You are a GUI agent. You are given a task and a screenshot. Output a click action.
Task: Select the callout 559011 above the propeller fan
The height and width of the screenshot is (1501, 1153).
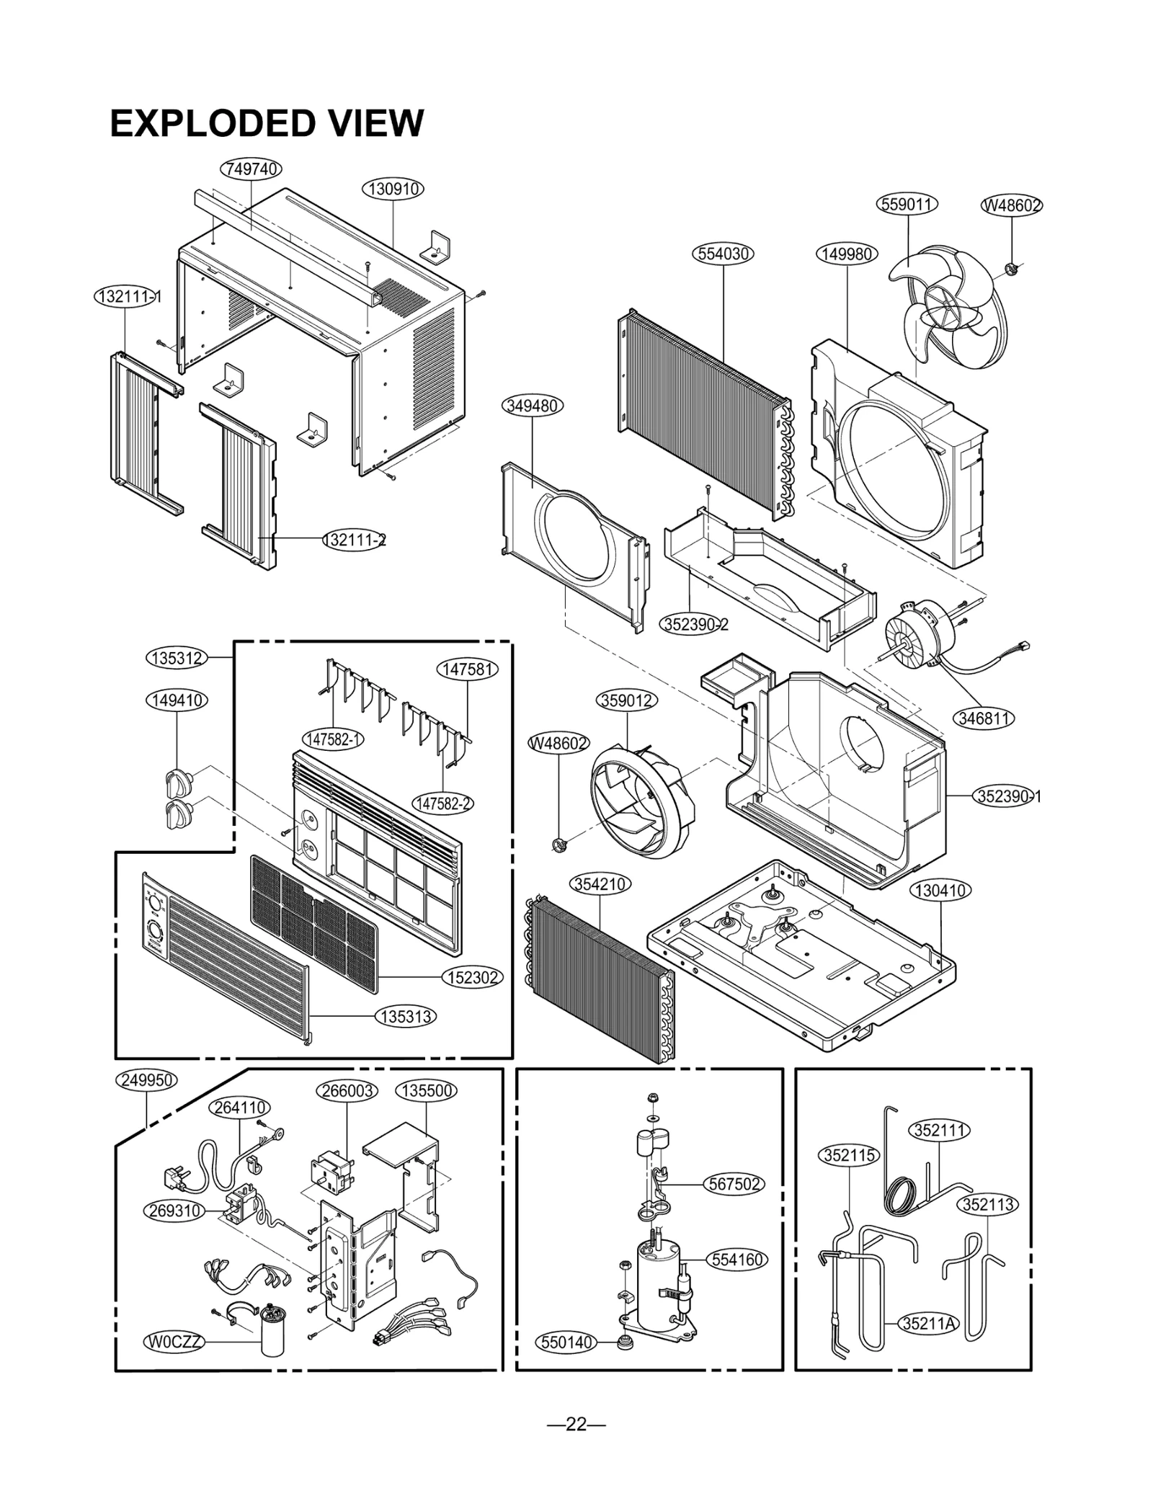click(907, 204)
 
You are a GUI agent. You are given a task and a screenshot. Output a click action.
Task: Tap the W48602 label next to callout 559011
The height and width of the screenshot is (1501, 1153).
click(1012, 205)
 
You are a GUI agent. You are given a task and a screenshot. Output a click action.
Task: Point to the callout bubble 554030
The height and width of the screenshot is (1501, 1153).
click(724, 254)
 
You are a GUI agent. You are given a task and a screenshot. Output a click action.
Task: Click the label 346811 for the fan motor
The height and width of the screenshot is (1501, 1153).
click(984, 718)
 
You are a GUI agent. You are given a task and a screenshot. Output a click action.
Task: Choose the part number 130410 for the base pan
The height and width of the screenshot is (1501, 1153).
click(940, 891)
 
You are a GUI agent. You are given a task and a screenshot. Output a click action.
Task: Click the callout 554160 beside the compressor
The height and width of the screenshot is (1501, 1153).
click(737, 1260)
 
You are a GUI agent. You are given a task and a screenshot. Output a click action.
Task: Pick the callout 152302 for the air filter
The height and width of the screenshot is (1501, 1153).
click(472, 978)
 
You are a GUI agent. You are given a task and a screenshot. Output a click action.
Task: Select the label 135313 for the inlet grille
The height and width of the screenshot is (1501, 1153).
click(406, 1017)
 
